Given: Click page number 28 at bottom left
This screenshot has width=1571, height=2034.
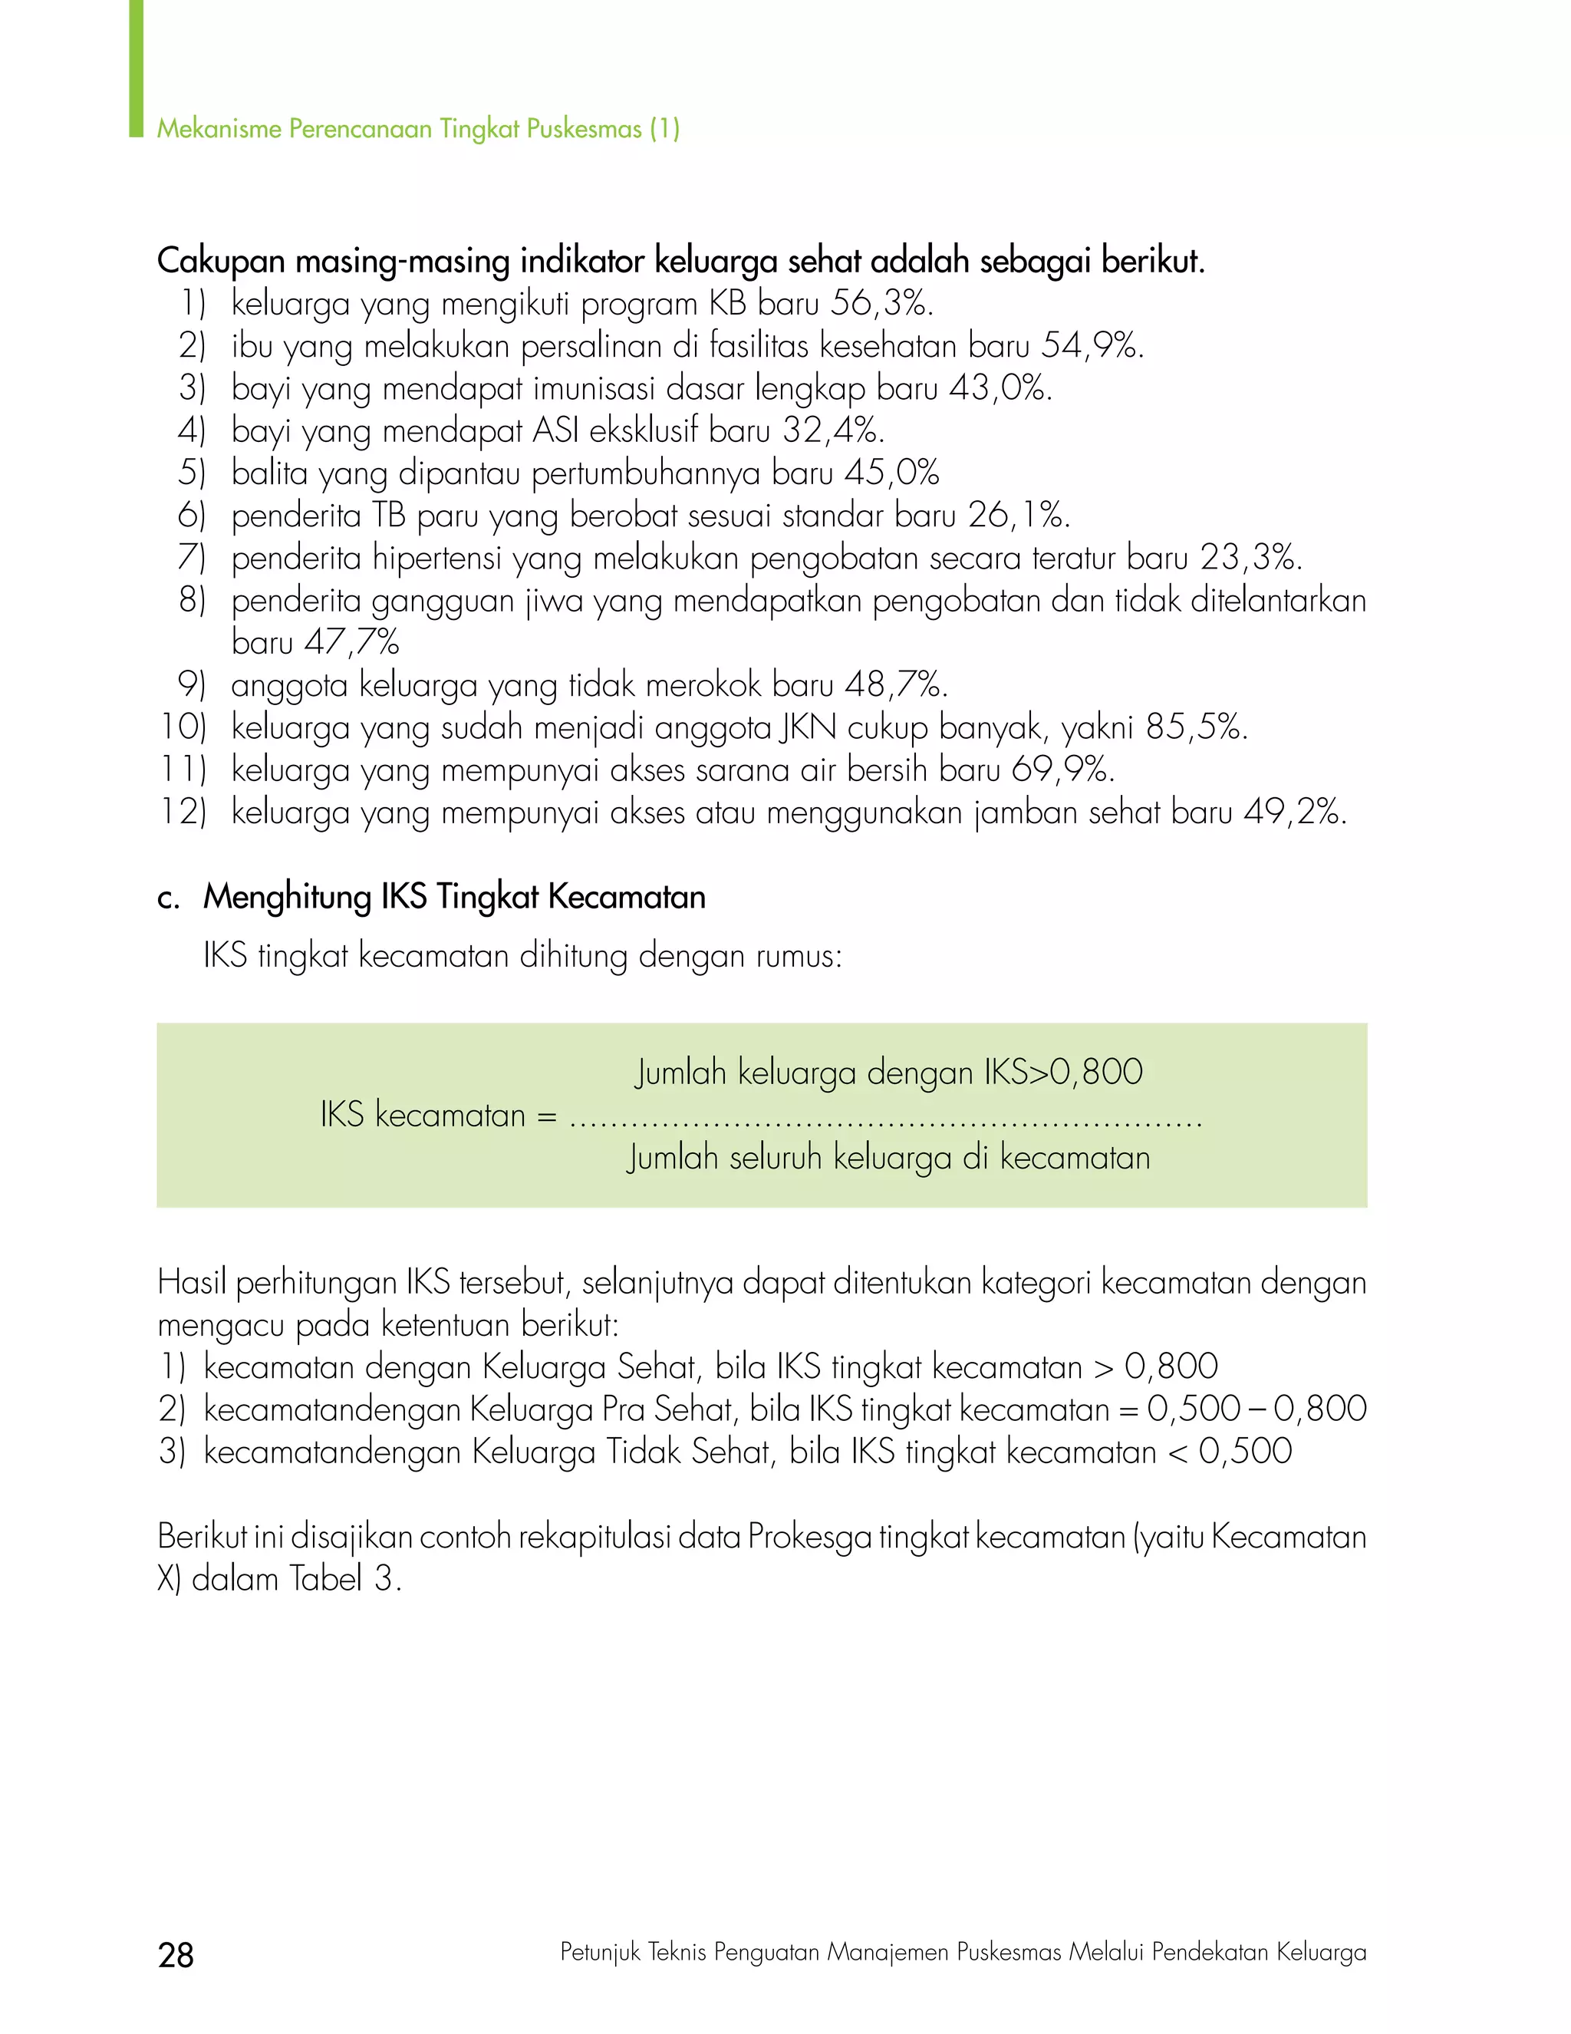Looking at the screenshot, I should point(176,1954).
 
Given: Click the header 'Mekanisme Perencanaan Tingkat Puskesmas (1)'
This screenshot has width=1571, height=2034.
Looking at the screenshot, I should point(418,129).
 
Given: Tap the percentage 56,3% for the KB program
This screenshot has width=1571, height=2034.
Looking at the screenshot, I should point(881,304).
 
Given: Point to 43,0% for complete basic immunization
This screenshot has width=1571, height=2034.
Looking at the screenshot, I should point(1000,388).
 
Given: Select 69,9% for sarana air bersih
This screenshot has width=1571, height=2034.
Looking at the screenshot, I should point(1062,770).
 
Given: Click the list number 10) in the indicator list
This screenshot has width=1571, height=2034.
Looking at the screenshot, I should point(183,727).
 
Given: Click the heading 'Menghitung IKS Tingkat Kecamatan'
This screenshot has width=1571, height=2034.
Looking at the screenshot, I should point(454,897).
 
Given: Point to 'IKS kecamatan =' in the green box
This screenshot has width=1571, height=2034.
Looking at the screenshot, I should point(438,1115).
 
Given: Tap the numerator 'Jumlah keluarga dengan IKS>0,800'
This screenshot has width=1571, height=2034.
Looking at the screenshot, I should point(888,1073).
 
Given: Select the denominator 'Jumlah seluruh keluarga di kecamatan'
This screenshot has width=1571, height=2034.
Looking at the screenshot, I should point(888,1158).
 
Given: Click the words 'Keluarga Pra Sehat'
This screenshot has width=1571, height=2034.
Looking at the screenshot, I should point(602,1409).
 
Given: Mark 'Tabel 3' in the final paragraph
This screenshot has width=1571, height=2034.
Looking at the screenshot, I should point(344,1578).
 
